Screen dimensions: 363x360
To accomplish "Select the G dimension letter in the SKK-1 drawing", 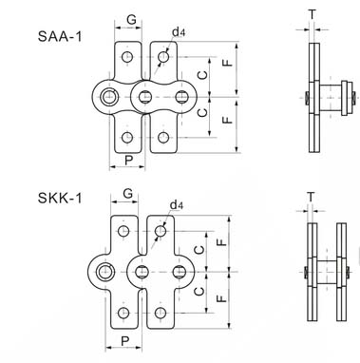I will coord(126,196).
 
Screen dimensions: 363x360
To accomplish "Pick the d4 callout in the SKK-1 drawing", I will coord(177,204).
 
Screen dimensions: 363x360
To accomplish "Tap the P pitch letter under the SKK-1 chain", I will coord(123,338).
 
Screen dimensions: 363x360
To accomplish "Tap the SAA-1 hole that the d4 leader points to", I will coord(164,59).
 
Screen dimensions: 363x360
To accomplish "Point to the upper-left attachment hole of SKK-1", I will coord(121,230).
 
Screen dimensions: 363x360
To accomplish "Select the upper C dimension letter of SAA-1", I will coord(198,75).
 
